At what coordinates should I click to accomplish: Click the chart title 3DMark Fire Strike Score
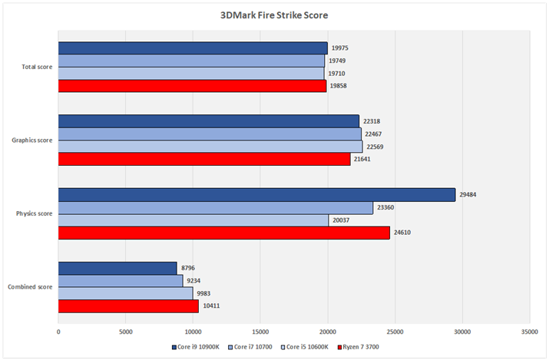(x=274, y=15)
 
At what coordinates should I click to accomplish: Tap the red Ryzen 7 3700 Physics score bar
(x=224, y=233)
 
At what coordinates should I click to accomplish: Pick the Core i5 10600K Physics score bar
(x=193, y=220)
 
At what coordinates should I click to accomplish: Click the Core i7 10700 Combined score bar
(x=121, y=281)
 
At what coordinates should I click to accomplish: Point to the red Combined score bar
(x=128, y=306)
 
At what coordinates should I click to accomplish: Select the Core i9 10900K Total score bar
(x=193, y=48)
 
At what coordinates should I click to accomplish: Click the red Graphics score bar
(x=204, y=159)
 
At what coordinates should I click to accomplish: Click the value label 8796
(x=188, y=269)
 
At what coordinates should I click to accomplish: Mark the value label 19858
(x=340, y=86)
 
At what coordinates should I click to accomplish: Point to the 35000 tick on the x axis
(x=529, y=332)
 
